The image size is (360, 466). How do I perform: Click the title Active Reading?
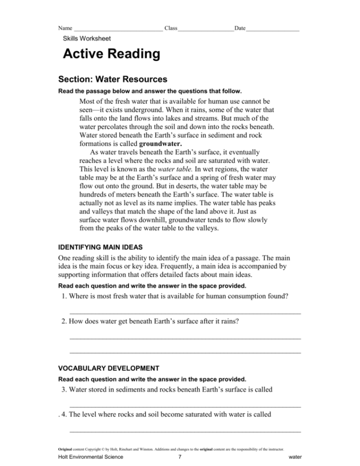pyautogui.click(x=112, y=54)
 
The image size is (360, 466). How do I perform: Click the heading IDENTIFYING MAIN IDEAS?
pyautogui.click(x=100, y=247)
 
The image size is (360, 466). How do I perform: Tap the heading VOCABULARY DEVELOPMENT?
pyautogui.click(x=108, y=368)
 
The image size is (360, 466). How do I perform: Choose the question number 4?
pyautogui.click(x=64, y=414)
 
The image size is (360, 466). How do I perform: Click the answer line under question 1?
pyautogui.click(x=185, y=313)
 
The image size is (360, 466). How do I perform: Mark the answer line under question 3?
pyautogui.click(x=185, y=406)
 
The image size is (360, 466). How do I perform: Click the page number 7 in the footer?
pyautogui.click(x=179, y=457)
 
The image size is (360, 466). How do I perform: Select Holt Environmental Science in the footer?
pyautogui.click(x=90, y=457)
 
